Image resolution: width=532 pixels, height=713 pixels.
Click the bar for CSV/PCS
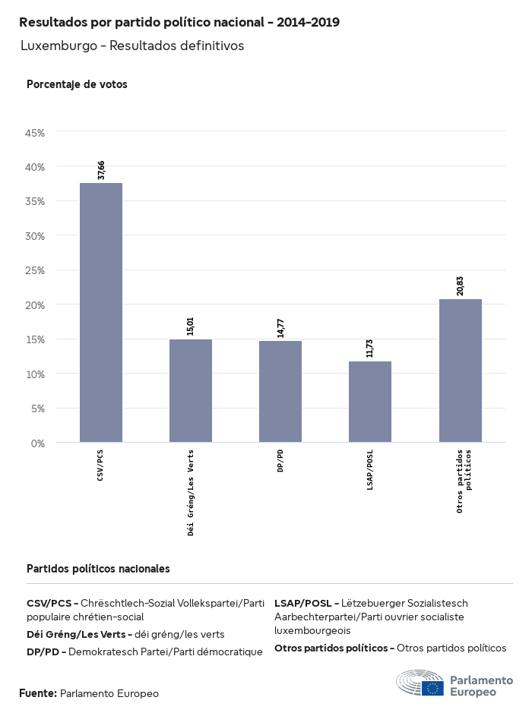[x=101, y=312]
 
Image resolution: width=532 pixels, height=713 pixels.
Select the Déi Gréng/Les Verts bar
[x=191, y=390]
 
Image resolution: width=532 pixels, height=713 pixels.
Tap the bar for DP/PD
[x=280, y=391]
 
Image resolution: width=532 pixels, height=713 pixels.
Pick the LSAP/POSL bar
[x=370, y=402]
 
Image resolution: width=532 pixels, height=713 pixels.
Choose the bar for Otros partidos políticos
[x=461, y=371]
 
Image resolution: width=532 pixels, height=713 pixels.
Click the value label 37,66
[x=101, y=170]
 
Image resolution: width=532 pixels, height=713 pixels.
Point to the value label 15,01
[x=191, y=327]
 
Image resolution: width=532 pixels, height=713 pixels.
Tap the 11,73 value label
[x=370, y=349]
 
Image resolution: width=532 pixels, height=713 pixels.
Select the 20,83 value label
[x=461, y=286]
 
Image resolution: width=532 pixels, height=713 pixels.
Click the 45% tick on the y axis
[x=36, y=133]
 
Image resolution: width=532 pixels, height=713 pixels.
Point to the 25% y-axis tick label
[x=36, y=270]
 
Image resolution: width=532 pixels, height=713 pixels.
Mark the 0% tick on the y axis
[x=38, y=443]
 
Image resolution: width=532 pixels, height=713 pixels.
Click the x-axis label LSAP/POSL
[x=370, y=469]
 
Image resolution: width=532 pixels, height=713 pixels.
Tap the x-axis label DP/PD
[x=280, y=462]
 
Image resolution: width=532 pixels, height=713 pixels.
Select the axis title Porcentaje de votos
[x=77, y=84]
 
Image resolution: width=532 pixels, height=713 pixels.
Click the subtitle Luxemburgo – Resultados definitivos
[x=131, y=46]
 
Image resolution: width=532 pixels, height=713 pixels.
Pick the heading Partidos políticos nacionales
[x=98, y=568]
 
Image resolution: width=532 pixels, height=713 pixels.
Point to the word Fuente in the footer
[x=37, y=693]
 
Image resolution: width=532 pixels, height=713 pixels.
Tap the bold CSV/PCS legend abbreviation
[x=49, y=603]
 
